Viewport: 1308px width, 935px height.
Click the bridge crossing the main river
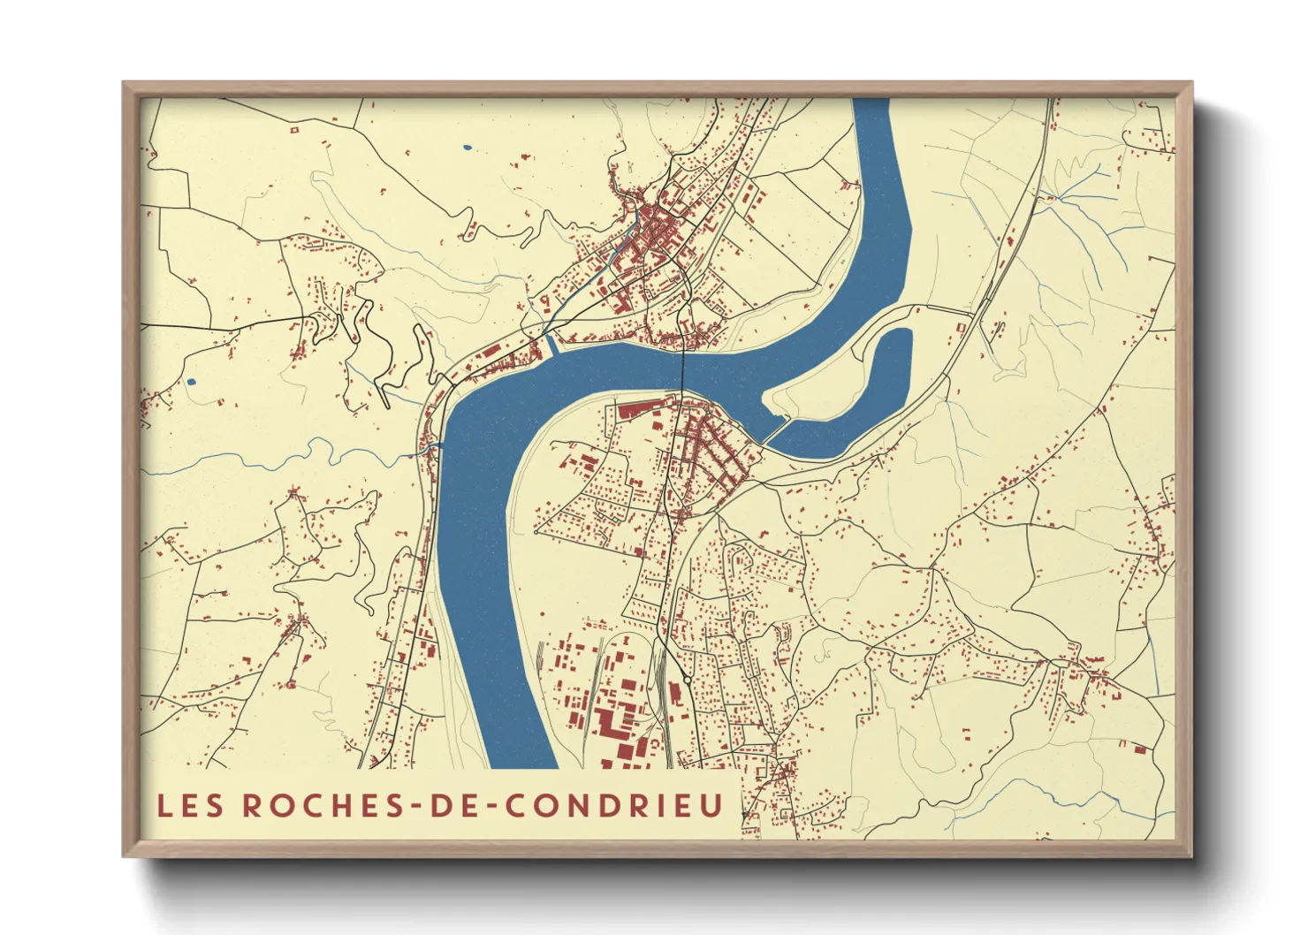point(683,372)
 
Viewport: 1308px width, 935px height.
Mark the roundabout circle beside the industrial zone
point(687,680)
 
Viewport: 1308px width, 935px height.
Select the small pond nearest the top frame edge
point(467,147)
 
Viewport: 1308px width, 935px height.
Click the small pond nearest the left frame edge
point(191,383)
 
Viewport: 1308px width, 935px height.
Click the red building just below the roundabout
point(675,695)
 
